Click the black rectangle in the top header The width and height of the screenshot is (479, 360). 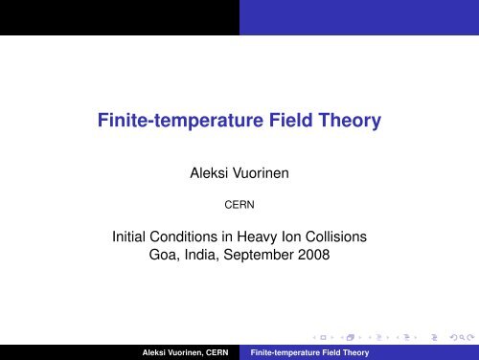pos(119,15)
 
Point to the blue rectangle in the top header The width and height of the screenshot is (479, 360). pos(358,15)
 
